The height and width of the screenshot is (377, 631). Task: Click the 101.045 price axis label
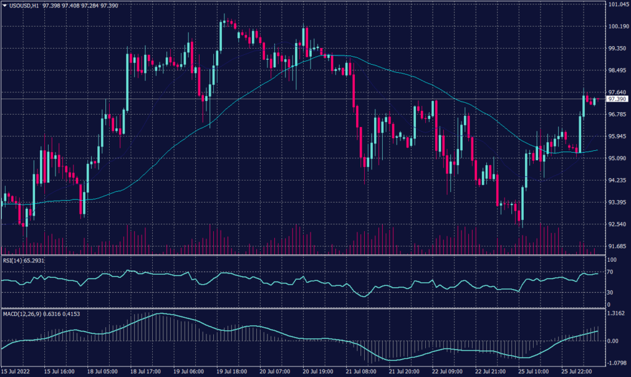coord(617,5)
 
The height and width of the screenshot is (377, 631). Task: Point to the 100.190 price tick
coord(617,26)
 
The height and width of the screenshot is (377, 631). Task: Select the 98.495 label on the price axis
coord(617,70)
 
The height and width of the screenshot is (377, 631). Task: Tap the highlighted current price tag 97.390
coord(617,99)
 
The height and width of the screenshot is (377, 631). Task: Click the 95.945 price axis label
coord(617,136)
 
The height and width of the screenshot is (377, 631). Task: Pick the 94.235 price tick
coord(617,180)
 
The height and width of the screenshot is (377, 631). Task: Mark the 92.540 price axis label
coord(617,224)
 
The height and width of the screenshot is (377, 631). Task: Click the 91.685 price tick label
coord(617,246)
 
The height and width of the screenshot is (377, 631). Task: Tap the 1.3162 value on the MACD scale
coord(617,314)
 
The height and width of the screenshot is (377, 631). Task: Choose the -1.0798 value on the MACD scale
coord(617,362)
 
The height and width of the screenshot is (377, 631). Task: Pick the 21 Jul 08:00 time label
coord(360,372)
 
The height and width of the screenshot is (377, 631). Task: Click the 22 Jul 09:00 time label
coord(448,372)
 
